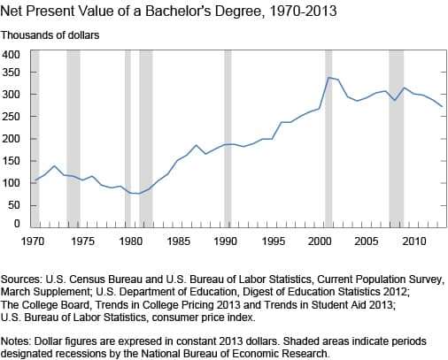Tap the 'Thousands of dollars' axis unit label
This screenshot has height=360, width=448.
(x=50, y=35)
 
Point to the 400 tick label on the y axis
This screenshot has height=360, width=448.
(x=11, y=55)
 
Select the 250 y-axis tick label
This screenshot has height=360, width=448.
(x=11, y=117)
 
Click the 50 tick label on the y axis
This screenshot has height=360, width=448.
(x=14, y=205)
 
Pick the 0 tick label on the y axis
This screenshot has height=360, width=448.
(x=17, y=224)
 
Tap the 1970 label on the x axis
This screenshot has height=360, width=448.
(x=33, y=241)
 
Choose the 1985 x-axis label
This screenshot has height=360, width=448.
(x=178, y=241)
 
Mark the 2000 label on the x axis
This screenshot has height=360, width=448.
(x=320, y=241)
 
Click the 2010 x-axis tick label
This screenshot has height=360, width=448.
(x=414, y=241)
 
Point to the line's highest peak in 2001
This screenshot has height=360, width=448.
(x=329, y=78)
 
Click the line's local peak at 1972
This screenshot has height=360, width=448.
(x=54, y=165)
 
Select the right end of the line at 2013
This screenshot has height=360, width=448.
(x=442, y=106)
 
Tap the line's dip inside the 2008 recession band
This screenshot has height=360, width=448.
(x=395, y=100)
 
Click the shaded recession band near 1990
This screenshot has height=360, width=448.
(x=228, y=139)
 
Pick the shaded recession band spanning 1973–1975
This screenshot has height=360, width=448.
(x=73, y=139)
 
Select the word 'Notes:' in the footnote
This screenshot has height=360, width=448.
(x=16, y=341)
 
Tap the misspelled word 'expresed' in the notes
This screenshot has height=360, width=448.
(x=141, y=342)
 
